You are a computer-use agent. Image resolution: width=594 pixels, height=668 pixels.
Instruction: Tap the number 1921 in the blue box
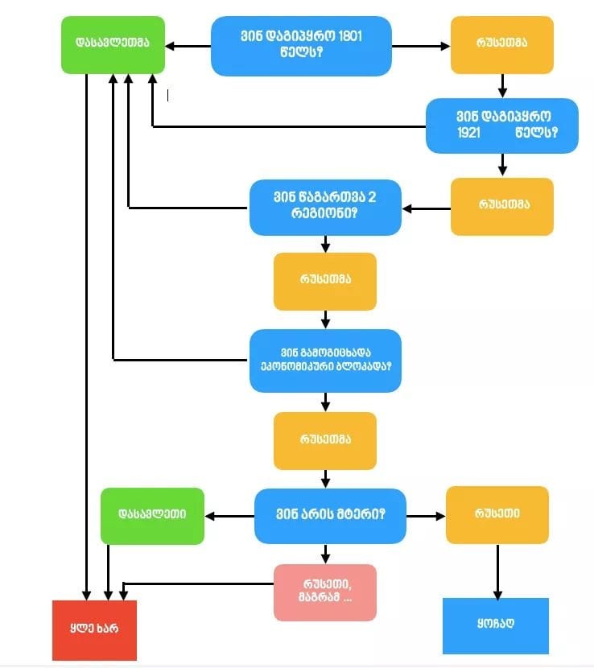(468, 132)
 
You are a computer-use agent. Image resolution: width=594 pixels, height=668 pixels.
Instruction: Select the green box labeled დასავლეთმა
(112, 43)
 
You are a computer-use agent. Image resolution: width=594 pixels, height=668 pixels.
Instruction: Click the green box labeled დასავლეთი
(151, 514)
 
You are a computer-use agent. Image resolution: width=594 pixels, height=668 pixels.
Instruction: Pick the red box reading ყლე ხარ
(94, 629)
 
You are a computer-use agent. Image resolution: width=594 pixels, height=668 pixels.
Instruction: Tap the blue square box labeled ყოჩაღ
(495, 625)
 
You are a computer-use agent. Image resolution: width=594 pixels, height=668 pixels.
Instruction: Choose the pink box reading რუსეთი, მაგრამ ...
(324, 592)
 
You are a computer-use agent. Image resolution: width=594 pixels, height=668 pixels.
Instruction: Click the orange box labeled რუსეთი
(497, 513)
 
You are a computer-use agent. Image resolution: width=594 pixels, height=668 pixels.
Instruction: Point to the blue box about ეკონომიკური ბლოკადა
(325, 360)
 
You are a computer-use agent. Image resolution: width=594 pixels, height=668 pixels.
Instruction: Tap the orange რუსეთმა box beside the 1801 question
(501, 43)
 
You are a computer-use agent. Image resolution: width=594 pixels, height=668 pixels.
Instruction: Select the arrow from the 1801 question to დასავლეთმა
(188, 46)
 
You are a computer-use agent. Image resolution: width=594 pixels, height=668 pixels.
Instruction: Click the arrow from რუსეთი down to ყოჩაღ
(497, 571)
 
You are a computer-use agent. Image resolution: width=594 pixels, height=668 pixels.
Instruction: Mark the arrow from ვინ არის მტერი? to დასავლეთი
(229, 515)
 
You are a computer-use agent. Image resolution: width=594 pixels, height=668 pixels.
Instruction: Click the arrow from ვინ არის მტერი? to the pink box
(325, 554)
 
